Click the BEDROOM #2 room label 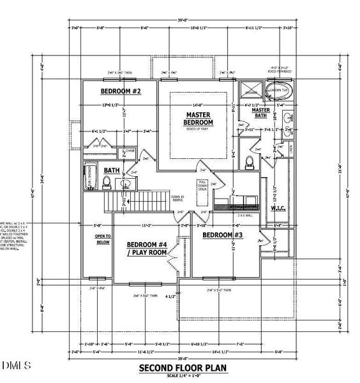pos(119,92)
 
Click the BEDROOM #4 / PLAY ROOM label pos(146,248)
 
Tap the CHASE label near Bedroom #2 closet pos(129,151)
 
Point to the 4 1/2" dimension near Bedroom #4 pos(170,296)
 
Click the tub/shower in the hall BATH pos(90,177)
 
